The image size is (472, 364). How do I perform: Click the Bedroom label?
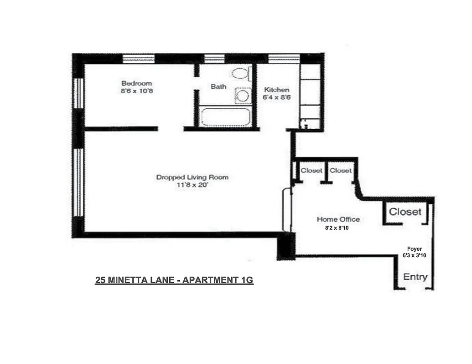click(136, 83)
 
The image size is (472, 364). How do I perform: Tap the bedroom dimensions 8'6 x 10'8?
click(136, 91)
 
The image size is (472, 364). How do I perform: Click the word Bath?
click(218, 86)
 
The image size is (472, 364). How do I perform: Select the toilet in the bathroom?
click(240, 73)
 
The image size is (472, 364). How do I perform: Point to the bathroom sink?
click(243, 96)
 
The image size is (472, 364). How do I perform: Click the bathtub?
click(225, 117)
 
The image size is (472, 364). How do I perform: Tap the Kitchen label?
click(276, 90)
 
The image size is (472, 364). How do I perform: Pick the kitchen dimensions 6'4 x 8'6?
click(276, 97)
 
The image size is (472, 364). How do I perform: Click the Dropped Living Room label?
click(192, 177)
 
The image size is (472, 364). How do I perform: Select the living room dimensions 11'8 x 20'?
click(192, 185)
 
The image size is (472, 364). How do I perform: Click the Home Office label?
click(338, 219)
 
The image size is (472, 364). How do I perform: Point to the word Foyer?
click(414, 249)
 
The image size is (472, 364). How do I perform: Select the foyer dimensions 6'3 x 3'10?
click(414, 256)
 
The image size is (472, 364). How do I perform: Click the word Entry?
click(415, 277)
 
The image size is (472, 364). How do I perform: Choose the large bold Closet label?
click(405, 212)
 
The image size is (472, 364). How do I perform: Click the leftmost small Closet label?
click(311, 171)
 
